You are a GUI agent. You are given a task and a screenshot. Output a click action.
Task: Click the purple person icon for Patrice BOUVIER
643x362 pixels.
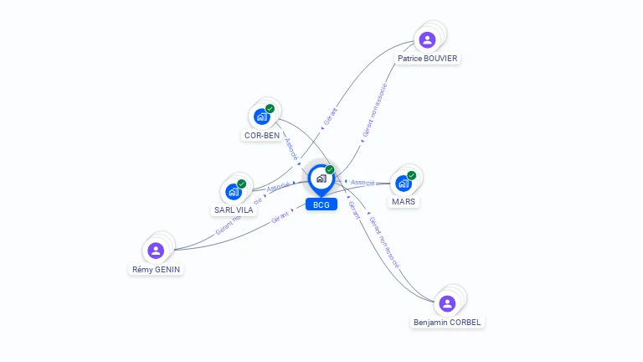coord(427,39)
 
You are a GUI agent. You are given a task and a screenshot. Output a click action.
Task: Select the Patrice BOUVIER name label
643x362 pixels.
coord(429,59)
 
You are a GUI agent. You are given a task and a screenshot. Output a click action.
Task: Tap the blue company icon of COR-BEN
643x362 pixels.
coord(260,116)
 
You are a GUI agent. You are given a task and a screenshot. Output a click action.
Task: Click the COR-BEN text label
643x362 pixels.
coord(262,135)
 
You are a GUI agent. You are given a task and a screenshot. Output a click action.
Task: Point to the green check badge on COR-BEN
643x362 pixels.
coord(270,108)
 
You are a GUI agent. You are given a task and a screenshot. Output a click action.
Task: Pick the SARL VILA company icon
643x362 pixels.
coord(233,191)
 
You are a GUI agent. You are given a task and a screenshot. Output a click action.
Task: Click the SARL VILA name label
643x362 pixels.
coord(234,209)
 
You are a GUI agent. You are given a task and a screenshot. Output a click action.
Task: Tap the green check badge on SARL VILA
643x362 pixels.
coord(242,184)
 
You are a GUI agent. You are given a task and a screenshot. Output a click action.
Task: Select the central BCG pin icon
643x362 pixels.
coord(321,178)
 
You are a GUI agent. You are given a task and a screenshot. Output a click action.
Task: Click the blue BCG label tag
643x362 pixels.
coord(321,204)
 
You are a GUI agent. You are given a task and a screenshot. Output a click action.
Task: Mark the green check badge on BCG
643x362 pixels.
coord(330,170)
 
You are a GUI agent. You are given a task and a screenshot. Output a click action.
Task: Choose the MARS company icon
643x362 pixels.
coord(403,183)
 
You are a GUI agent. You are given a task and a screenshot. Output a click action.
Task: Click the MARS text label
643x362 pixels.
coord(404,201)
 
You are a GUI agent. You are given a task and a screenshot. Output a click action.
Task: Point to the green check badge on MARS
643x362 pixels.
coord(412,174)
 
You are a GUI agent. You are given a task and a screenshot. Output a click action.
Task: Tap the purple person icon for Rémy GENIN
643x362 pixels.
coord(155,250)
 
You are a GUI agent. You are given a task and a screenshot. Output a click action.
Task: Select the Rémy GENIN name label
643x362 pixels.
coord(157,269)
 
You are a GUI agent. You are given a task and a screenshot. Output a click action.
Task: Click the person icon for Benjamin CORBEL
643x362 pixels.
coord(447,303)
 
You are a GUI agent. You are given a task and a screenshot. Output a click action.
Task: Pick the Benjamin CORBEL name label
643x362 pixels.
coord(449,322)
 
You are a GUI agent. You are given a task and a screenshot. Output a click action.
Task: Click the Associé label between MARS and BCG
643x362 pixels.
coord(363,182)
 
